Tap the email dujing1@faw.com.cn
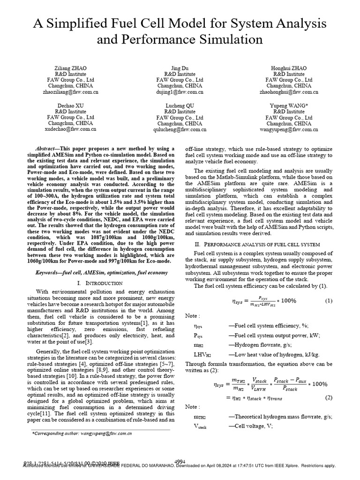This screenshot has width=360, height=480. pos(180,92)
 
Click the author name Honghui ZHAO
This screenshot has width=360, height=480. pos(289,68)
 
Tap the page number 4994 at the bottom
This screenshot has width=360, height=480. pos(180,461)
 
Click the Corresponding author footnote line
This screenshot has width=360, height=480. pos(82,434)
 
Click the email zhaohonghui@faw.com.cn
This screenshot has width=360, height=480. pos(289,92)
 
